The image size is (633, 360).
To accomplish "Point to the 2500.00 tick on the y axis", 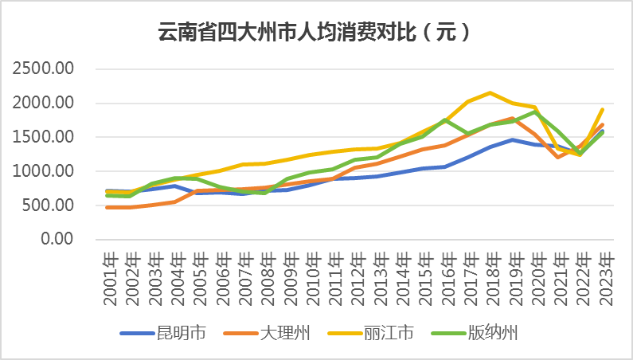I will tap(45, 68).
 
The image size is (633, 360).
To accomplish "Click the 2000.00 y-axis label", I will tap(45, 103).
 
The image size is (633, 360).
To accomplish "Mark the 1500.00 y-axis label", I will tap(45, 137).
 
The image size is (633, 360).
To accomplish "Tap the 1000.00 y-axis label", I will tap(45, 171).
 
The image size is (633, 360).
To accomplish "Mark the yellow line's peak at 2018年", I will tap(490, 93).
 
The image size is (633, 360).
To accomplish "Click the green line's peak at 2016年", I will tap(446, 119).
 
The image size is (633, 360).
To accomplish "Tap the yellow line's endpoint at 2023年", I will tap(603, 109).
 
